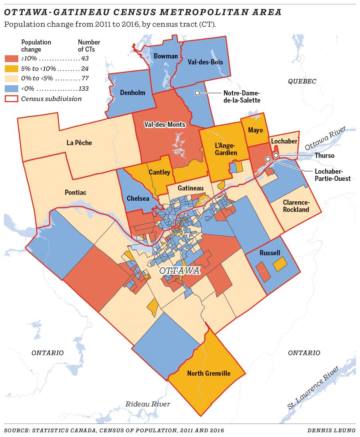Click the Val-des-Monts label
click(x=165, y=124)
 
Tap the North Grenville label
click(x=209, y=373)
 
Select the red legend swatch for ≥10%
click(x=10, y=58)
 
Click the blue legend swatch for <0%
click(x=10, y=88)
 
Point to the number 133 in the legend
click(x=84, y=88)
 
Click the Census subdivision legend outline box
click(x=10, y=99)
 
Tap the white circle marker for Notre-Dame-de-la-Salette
click(x=197, y=93)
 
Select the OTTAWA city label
click(x=180, y=271)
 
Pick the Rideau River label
click(x=148, y=404)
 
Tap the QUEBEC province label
click(x=302, y=82)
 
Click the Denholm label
click(x=132, y=93)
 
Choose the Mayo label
click(x=255, y=130)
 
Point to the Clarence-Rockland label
click(x=296, y=206)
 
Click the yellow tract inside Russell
click(x=280, y=264)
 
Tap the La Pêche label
click(x=80, y=143)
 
